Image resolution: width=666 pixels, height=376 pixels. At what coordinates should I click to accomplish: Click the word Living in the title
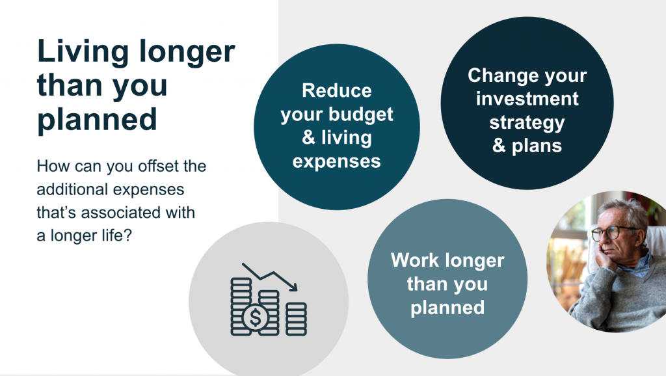[77, 53]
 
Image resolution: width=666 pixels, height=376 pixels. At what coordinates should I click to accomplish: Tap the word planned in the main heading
[97, 119]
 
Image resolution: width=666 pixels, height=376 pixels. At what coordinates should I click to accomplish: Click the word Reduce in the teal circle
[336, 90]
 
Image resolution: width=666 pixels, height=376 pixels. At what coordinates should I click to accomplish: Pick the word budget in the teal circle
[362, 114]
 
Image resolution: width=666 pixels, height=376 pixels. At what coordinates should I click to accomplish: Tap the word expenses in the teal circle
[336, 161]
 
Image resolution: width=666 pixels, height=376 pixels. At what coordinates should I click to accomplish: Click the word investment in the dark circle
[527, 99]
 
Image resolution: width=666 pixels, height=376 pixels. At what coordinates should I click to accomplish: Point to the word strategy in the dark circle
[527, 122]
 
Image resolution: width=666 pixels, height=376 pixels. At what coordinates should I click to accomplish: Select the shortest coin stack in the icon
[297, 319]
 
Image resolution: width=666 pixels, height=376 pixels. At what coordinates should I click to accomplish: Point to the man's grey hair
[624, 211]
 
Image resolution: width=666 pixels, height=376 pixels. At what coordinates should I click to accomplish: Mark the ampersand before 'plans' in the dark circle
[499, 146]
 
